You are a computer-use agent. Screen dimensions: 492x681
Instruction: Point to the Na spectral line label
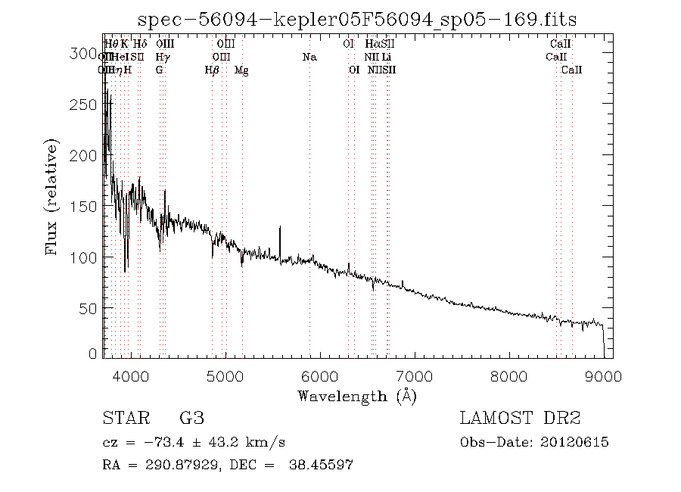(309, 58)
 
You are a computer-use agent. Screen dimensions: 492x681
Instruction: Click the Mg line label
(241, 70)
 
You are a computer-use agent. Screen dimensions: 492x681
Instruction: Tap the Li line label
(387, 58)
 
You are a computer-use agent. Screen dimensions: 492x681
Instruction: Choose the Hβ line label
(212, 70)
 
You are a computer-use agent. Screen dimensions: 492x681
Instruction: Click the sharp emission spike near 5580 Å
(280, 228)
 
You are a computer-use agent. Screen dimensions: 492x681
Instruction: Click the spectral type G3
(191, 418)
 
